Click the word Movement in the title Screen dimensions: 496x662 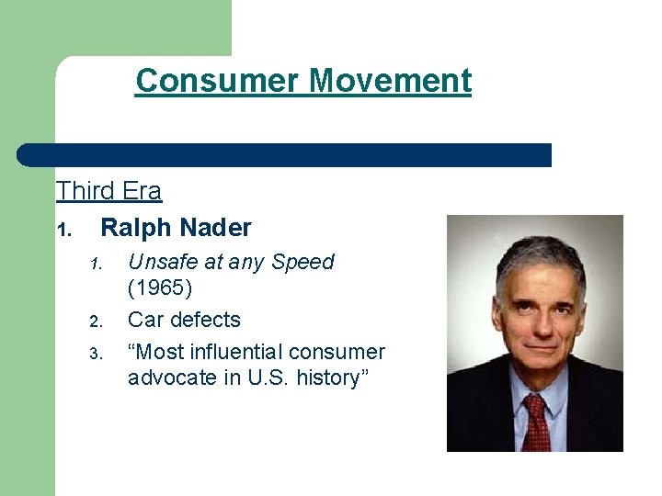coord(390,81)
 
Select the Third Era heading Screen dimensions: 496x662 coord(108,191)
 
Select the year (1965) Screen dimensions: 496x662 coord(160,289)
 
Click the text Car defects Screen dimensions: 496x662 coord(184,320)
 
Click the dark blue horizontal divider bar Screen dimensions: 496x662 coord(285,154)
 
